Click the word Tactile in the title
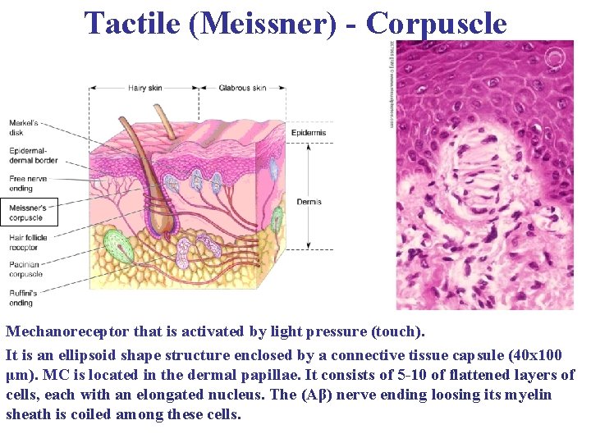132,23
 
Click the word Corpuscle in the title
437,23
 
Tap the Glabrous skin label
242,88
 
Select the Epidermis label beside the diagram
309,133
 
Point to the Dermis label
308,202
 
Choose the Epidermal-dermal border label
33,155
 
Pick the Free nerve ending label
28,183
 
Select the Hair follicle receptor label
28,242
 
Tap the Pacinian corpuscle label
26,270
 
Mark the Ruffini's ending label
23,298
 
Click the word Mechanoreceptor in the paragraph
67,332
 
